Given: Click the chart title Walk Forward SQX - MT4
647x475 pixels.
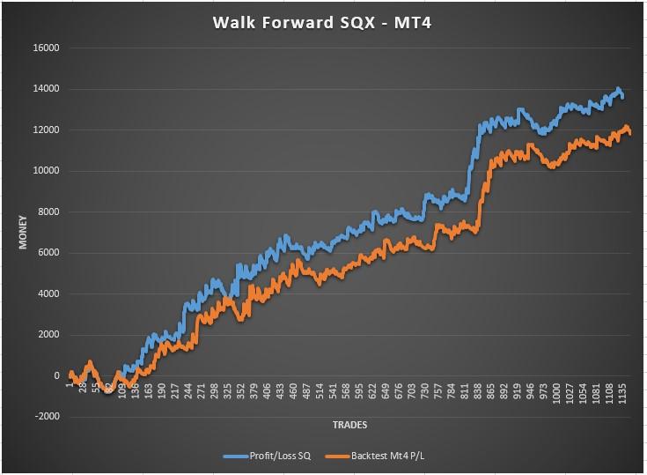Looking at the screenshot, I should (323, 22).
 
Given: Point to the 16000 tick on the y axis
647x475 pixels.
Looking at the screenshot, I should (45, 48).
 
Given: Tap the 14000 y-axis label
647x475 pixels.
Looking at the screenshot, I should (45, 89).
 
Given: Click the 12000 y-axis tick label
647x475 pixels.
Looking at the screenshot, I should (45, 130).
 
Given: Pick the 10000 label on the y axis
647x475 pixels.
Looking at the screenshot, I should (45, 171).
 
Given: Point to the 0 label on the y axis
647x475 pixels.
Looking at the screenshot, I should (55, 376).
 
